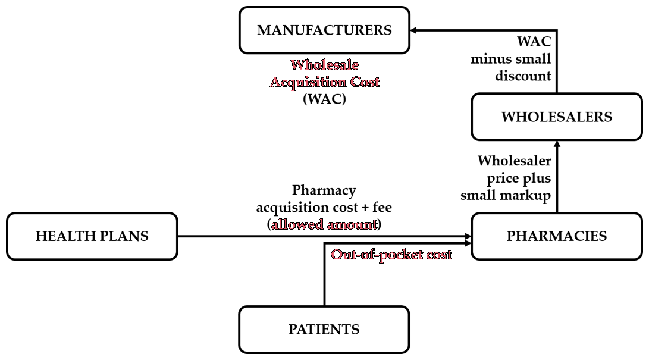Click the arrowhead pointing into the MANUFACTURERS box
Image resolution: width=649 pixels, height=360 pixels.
tap(413, 30)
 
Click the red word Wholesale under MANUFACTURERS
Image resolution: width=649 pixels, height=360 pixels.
tap(325, 64)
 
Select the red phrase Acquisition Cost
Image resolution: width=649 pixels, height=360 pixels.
tap(325, 82)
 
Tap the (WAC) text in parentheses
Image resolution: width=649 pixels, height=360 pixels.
tap(325, 99)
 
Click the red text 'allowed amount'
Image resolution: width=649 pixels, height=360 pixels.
tap(325, 224)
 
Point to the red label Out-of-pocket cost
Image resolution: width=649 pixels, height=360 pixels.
tap(391, 255)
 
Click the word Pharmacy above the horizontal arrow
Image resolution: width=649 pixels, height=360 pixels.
tap(324, 190)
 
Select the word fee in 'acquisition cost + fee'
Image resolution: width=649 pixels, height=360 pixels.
tap(382, 207)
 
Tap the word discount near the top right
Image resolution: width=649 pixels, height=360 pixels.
tap(523, 76)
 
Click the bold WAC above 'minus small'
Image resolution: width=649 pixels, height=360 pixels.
tap(534, 42)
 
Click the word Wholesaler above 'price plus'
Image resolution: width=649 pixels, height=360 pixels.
tap(515, 161)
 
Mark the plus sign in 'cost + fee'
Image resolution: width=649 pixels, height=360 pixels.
tap(365, 208)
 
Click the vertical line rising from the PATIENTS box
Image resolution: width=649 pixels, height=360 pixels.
tap(324, 275)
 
